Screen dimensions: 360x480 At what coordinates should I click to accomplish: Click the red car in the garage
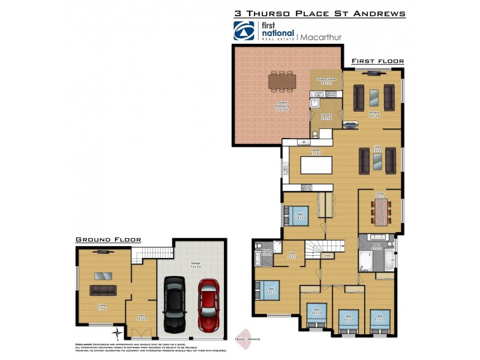(208, 306)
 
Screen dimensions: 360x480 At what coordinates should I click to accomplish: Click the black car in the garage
(176, 305)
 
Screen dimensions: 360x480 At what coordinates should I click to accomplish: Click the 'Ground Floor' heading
(108, 239)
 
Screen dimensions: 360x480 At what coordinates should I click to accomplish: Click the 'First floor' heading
(377, 61)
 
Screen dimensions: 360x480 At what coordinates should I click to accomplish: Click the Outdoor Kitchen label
(326, 80)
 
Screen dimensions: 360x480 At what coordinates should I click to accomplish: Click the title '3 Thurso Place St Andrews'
(319, 13)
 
